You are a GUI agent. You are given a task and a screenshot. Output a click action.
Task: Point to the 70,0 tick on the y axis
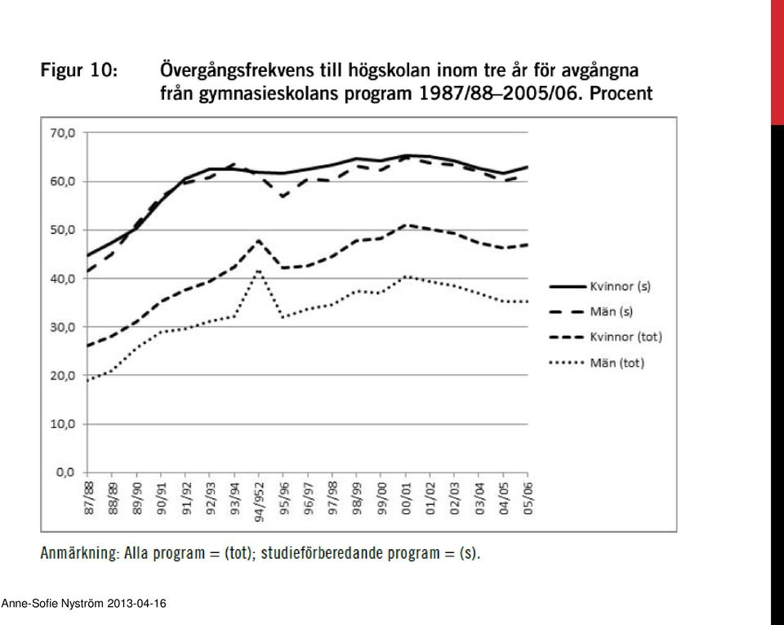[x=63, y=133]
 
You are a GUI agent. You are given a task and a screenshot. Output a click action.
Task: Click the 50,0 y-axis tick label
[x=63, y=230]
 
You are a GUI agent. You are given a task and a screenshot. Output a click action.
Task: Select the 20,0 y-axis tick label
[x=63, y=376]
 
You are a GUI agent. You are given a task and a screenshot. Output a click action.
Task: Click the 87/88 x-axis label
[x=88, y=498]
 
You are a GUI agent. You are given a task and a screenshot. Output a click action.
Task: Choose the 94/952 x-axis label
[x=259, y=502]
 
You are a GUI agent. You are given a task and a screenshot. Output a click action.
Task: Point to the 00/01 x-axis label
[x=406, y=498]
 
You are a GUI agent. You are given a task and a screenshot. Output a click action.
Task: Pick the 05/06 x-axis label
[x=528, y=498]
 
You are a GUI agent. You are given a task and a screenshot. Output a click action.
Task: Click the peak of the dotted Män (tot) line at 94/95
[x=259, y=271]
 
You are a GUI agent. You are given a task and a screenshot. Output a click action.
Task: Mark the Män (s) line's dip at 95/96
[x=283, y=197]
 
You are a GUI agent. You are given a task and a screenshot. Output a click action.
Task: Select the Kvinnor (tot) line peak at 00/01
[x=406, y=225]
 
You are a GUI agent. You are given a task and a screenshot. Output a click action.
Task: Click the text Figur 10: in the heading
[x=79, y=70]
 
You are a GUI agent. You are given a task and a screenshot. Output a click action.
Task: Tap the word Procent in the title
[x=621, y=93]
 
